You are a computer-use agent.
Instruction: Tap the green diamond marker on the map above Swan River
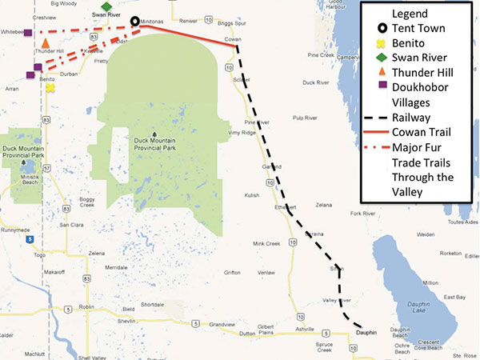[x=106, y=6]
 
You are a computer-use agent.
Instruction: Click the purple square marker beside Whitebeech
[x=28, y=33]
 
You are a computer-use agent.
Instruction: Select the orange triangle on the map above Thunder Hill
[x=46, y=42]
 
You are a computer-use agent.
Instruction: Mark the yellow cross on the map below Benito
[x=50, y=88]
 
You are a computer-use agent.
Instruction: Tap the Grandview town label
[x=221, y=325]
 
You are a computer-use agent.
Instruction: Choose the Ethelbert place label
[x=285, y=207]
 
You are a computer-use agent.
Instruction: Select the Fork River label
[x=363, y=214]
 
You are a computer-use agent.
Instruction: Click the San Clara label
[x=73, y=225]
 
